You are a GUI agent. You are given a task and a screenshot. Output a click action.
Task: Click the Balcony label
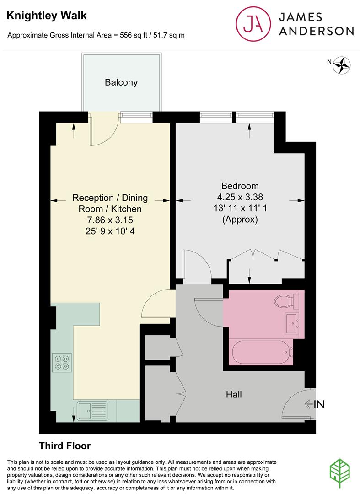tap(121, 82)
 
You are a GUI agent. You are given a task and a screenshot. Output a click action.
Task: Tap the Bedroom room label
tap(240, 186)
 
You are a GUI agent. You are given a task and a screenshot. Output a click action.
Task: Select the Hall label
tap(233, 394)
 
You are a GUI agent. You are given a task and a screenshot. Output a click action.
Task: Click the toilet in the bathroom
tap(286, 301)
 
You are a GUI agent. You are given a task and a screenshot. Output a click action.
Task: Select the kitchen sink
tap(92, 410)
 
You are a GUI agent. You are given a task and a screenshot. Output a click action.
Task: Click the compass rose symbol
tap(341, 65)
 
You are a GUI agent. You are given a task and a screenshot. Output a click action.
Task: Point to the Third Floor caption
tap(64, 446)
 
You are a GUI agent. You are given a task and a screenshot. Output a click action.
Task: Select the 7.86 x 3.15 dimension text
tap(110, 220)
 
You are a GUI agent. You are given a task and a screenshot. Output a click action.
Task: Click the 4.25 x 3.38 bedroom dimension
tap(240, 197)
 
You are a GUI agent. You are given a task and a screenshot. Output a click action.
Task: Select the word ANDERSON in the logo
tap(316, 31)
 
